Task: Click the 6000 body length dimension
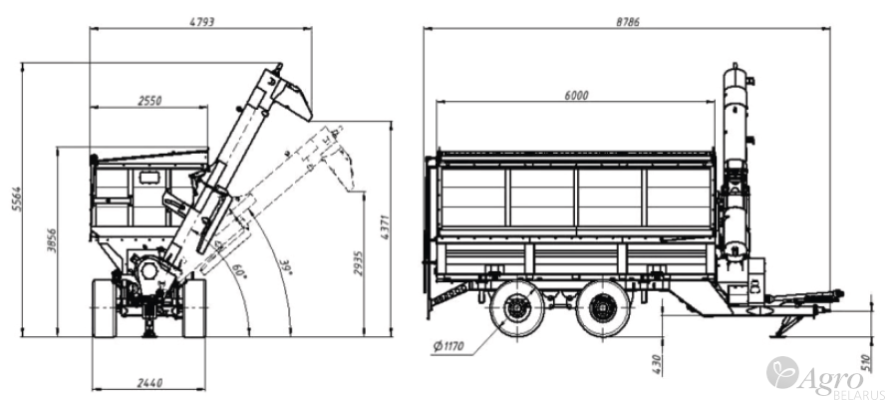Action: [576, 95]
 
